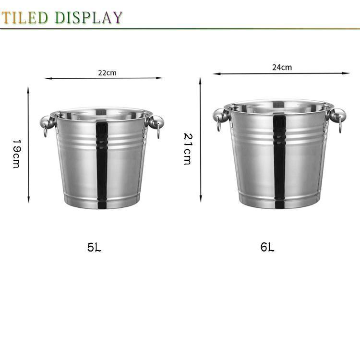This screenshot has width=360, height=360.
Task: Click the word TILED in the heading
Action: (25, 17)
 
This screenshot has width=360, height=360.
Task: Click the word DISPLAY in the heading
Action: (89, 17)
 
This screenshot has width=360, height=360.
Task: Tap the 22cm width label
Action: (107, 73)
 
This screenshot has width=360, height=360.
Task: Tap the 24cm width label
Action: (282, 67)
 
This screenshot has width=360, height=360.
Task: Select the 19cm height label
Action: (16, 154)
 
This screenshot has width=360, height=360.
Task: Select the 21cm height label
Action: (188, 149)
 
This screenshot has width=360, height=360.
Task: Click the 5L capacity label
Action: (94, 248)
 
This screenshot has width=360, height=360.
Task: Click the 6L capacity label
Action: (267, 247)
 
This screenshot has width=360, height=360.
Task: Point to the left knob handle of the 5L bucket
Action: (48, 122)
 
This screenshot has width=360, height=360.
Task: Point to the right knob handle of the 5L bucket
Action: (156, 122)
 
